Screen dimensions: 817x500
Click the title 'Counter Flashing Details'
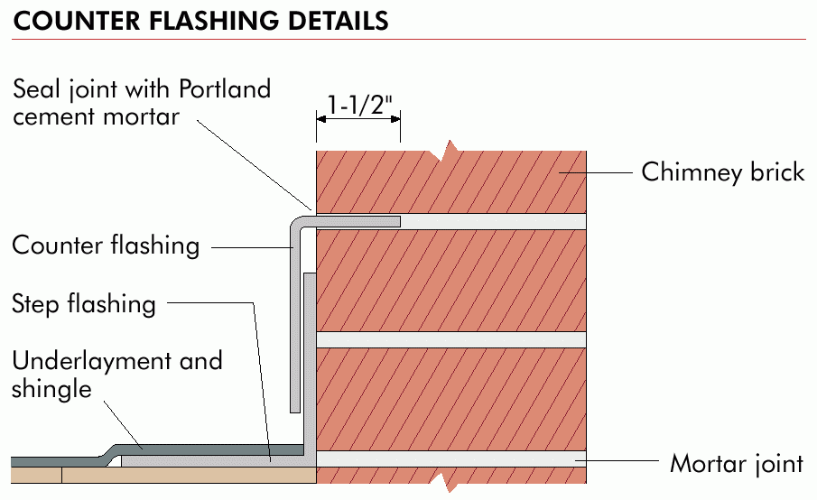(x=200, y=21)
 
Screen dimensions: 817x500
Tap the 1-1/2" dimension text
(x=359, y=104)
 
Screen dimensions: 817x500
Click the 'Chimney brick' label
(x=723, y=172)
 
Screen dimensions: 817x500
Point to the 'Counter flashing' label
(x=106, y=245)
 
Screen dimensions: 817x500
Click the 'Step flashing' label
(x=84, y=304)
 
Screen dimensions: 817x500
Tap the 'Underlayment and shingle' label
(x=117, y=375)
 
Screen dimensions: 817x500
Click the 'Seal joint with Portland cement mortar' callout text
(x=142, y=103)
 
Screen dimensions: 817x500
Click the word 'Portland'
(x=225, y=89)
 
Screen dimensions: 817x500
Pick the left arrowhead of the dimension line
(x=321, y=119)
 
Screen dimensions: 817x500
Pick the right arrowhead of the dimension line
(x=395, y=119)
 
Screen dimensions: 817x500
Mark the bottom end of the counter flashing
(x=295, y=412)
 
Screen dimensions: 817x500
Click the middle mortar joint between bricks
(x=451, y=339)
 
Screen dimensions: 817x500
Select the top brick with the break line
(x=451, y=181)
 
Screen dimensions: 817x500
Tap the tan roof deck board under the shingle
(x=163, y=475)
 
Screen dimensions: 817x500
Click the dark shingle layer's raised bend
(x=109, y=451)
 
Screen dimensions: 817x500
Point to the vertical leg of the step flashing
(x=310, y=365)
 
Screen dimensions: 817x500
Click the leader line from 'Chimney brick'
(x=596, y=172)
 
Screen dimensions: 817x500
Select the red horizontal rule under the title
(x=409, y=39)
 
